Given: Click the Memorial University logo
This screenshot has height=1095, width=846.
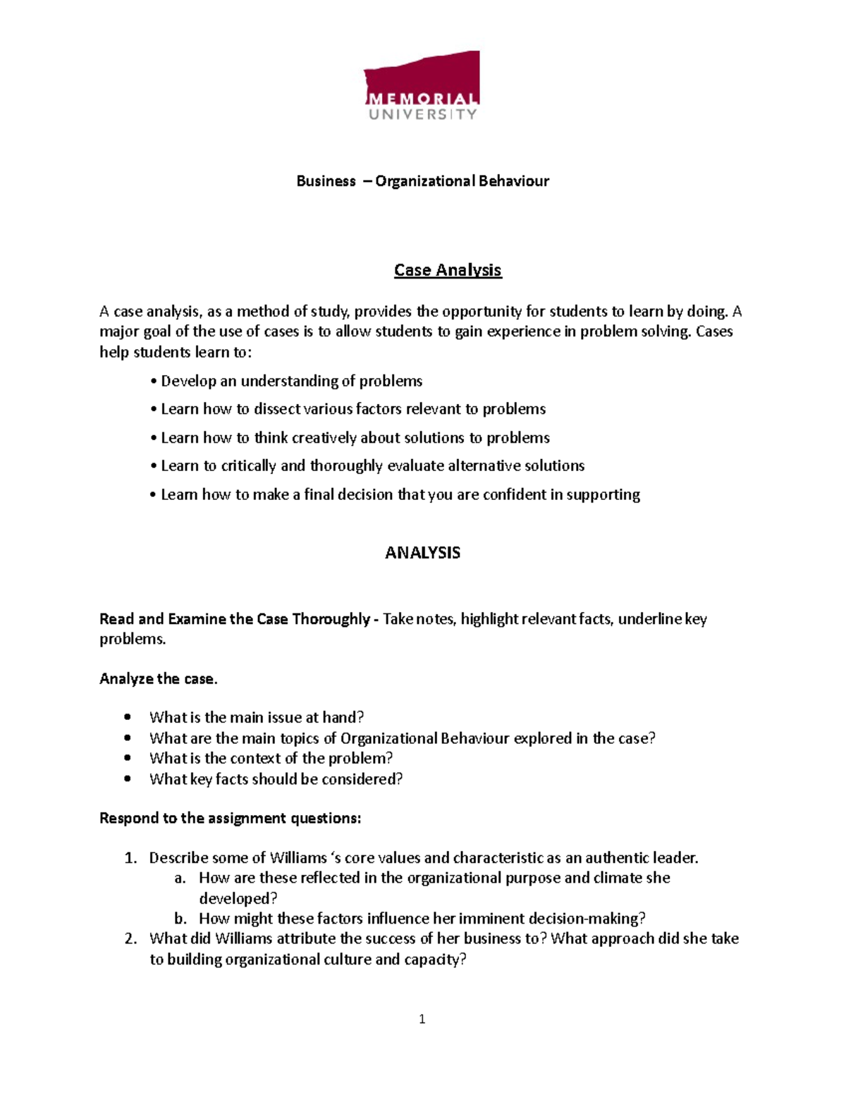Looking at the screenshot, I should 422,86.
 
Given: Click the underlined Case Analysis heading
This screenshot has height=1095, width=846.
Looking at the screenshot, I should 448,270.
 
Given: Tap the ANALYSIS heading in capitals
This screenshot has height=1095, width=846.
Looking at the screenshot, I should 422,553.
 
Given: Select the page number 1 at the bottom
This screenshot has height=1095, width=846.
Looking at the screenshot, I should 422,1019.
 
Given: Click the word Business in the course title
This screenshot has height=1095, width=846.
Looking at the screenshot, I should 326,181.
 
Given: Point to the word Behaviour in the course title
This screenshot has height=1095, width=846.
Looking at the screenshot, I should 513,181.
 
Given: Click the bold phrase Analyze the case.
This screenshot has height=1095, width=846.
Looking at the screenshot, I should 159,679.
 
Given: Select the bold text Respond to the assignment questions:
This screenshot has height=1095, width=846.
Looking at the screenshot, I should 230,819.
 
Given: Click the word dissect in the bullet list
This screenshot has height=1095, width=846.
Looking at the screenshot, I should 276,409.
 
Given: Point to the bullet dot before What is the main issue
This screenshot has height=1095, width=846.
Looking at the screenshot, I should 128,718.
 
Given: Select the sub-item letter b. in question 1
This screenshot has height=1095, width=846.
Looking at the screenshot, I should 180,919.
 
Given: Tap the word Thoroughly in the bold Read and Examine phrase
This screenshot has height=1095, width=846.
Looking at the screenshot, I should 331,619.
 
